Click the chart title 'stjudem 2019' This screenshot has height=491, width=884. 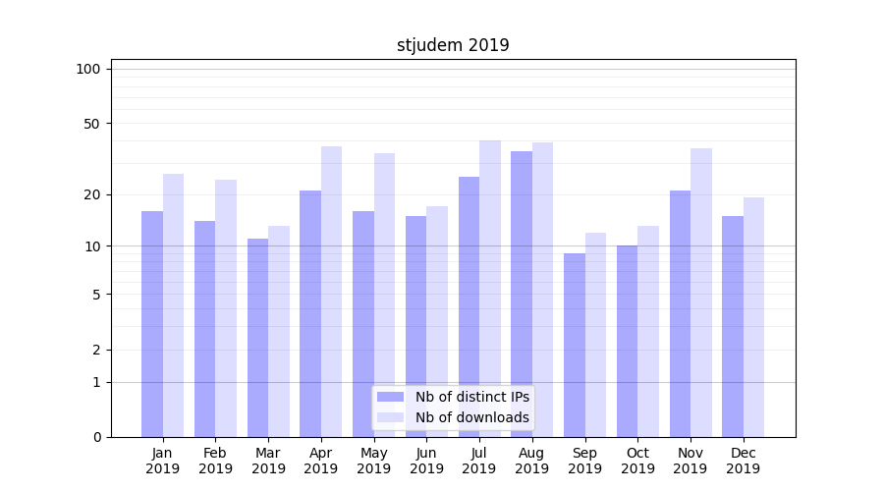pos(453,45)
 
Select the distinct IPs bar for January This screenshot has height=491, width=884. pos(152,324)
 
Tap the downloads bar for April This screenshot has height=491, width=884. pos(331,292)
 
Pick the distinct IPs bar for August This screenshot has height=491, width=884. pos(522,294)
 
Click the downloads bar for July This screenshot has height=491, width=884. pos(490,289)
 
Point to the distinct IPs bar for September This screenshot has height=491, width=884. pos(575,345)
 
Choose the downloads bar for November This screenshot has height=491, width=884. pos(701,293)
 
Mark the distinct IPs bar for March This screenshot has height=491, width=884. pos(257,338)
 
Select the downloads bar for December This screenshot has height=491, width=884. pos(753,317)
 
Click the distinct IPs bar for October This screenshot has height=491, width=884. pos(628,341)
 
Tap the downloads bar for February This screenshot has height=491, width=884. pos(226,308)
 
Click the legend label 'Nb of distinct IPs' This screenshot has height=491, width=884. pos(472,397)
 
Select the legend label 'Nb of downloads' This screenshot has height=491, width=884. pos(472,417)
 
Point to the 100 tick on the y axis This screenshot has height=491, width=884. pos(88,69)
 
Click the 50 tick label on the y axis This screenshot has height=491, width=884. pos(92,124)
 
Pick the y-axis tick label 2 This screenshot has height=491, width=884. pos(96,350)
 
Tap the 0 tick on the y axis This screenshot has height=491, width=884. pos(96,437)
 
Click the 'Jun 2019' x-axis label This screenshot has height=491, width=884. pos(426,461)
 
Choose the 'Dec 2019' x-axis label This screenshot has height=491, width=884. pos(743,461)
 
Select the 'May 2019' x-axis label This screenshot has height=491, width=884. pos(373,461)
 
